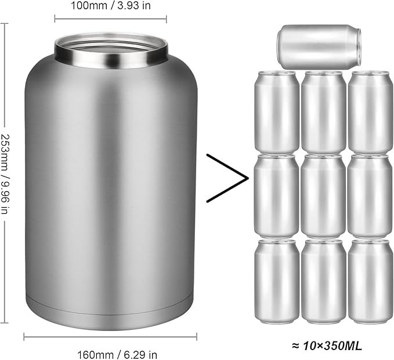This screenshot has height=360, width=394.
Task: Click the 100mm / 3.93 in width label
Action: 111,6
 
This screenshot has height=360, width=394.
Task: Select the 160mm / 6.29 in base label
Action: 111,352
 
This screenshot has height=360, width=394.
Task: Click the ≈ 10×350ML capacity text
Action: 319,346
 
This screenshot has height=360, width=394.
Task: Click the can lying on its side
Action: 319,46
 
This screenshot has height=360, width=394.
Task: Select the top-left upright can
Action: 277,112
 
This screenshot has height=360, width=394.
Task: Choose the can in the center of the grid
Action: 323,196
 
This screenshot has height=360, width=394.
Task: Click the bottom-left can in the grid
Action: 277,282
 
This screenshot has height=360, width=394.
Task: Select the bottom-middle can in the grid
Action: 323,282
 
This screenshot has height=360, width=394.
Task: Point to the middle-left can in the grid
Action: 277,196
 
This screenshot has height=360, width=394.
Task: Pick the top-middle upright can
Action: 323,112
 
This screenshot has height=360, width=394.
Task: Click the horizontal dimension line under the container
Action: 110,336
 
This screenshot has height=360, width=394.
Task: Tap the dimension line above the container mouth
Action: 111,19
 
